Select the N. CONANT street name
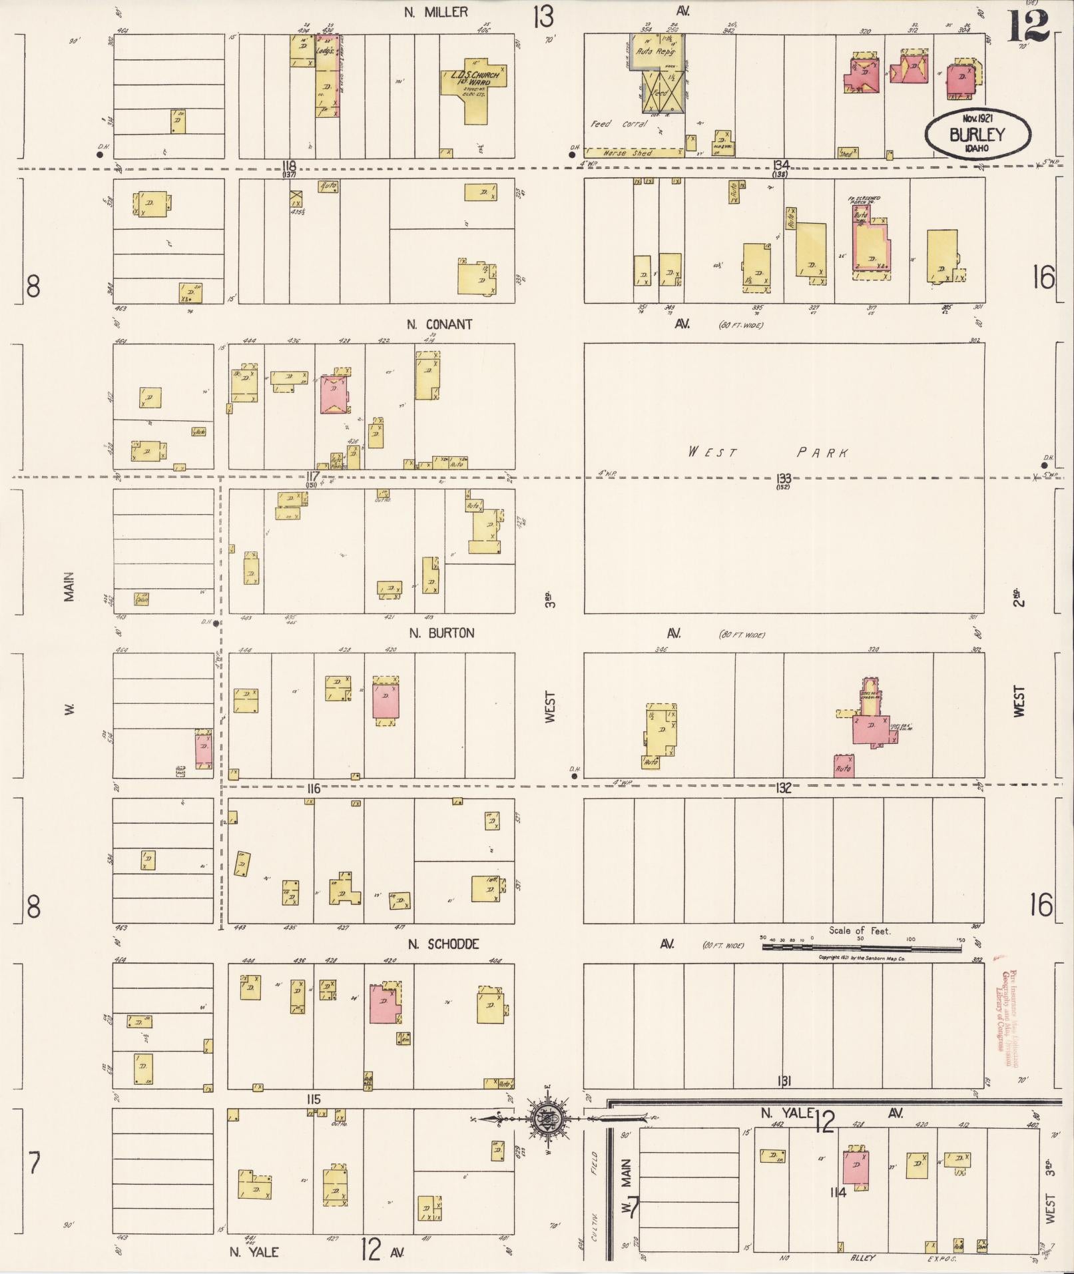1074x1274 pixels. [x=439, y=324]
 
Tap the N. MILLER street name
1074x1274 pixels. [x=437, y=11]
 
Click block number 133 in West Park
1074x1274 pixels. [x=782, y=478]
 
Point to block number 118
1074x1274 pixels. [x=288, y=165]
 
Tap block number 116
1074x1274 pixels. [x=313, y=789]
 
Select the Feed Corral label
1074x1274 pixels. [x=619, y=124]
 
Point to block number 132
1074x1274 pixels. [x=783, y=788]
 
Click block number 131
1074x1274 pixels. [x=783, y=1080]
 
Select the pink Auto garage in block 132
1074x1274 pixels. [x=844, y=767]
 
